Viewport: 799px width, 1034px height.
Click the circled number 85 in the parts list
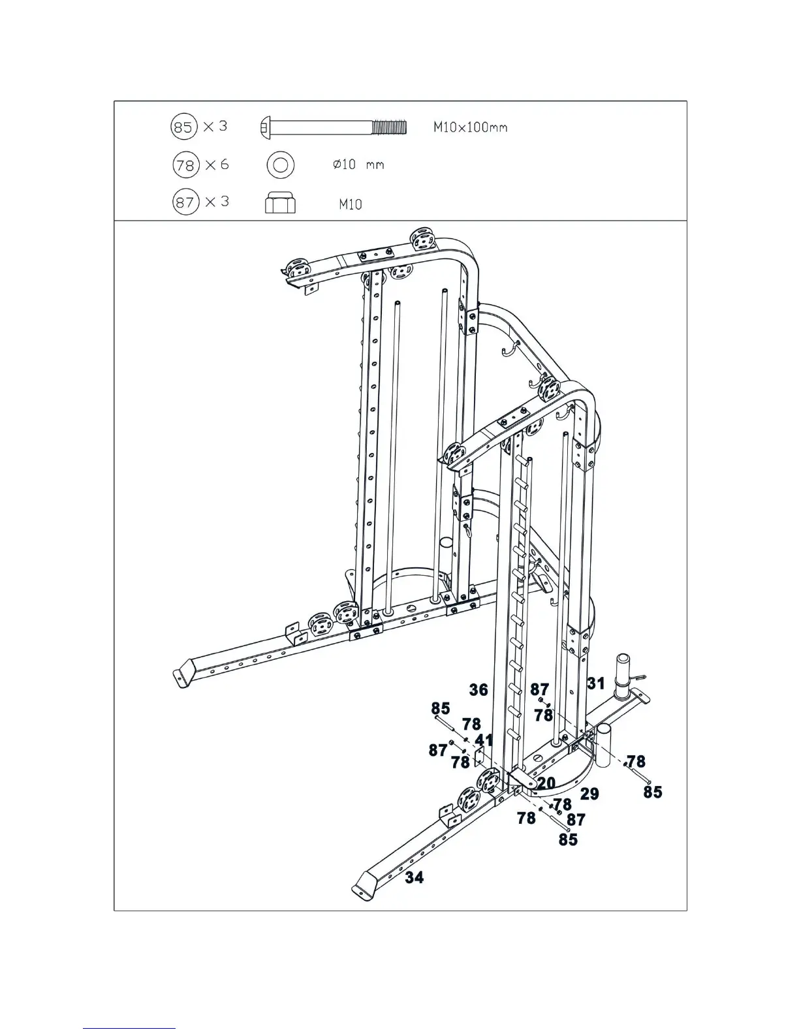click(x=183, y=127)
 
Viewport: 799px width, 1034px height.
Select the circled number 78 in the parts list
click(x=185, y=165)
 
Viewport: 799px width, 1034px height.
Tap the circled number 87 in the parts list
click(x=185, y=202)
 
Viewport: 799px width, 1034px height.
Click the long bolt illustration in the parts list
click(x=333, y=126)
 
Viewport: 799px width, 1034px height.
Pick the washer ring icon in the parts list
click(x=280, y=165)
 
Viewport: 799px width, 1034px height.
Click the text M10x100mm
click(x=470, y=127)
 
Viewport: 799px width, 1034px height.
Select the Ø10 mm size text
click(x=358, y=165)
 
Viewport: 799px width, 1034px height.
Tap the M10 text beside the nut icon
click(x=350, y=204)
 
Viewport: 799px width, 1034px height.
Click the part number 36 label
click(x=478, y=690)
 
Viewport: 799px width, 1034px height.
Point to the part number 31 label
click(x=595, y=683)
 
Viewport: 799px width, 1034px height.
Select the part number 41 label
click(x=484, y=740)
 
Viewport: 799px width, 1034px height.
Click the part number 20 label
click(x=546, y=783)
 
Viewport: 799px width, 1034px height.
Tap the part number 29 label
click(x=589, y=794)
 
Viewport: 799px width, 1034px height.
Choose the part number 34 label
click(x=414, y=877)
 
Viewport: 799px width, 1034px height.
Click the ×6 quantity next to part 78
click(x=217, y=164)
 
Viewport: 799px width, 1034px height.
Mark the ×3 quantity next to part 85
click(x=215, y=126)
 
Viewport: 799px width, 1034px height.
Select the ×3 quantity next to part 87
click(x=217, y=202)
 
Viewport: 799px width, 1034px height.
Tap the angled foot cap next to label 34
click(x=363, y=886)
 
